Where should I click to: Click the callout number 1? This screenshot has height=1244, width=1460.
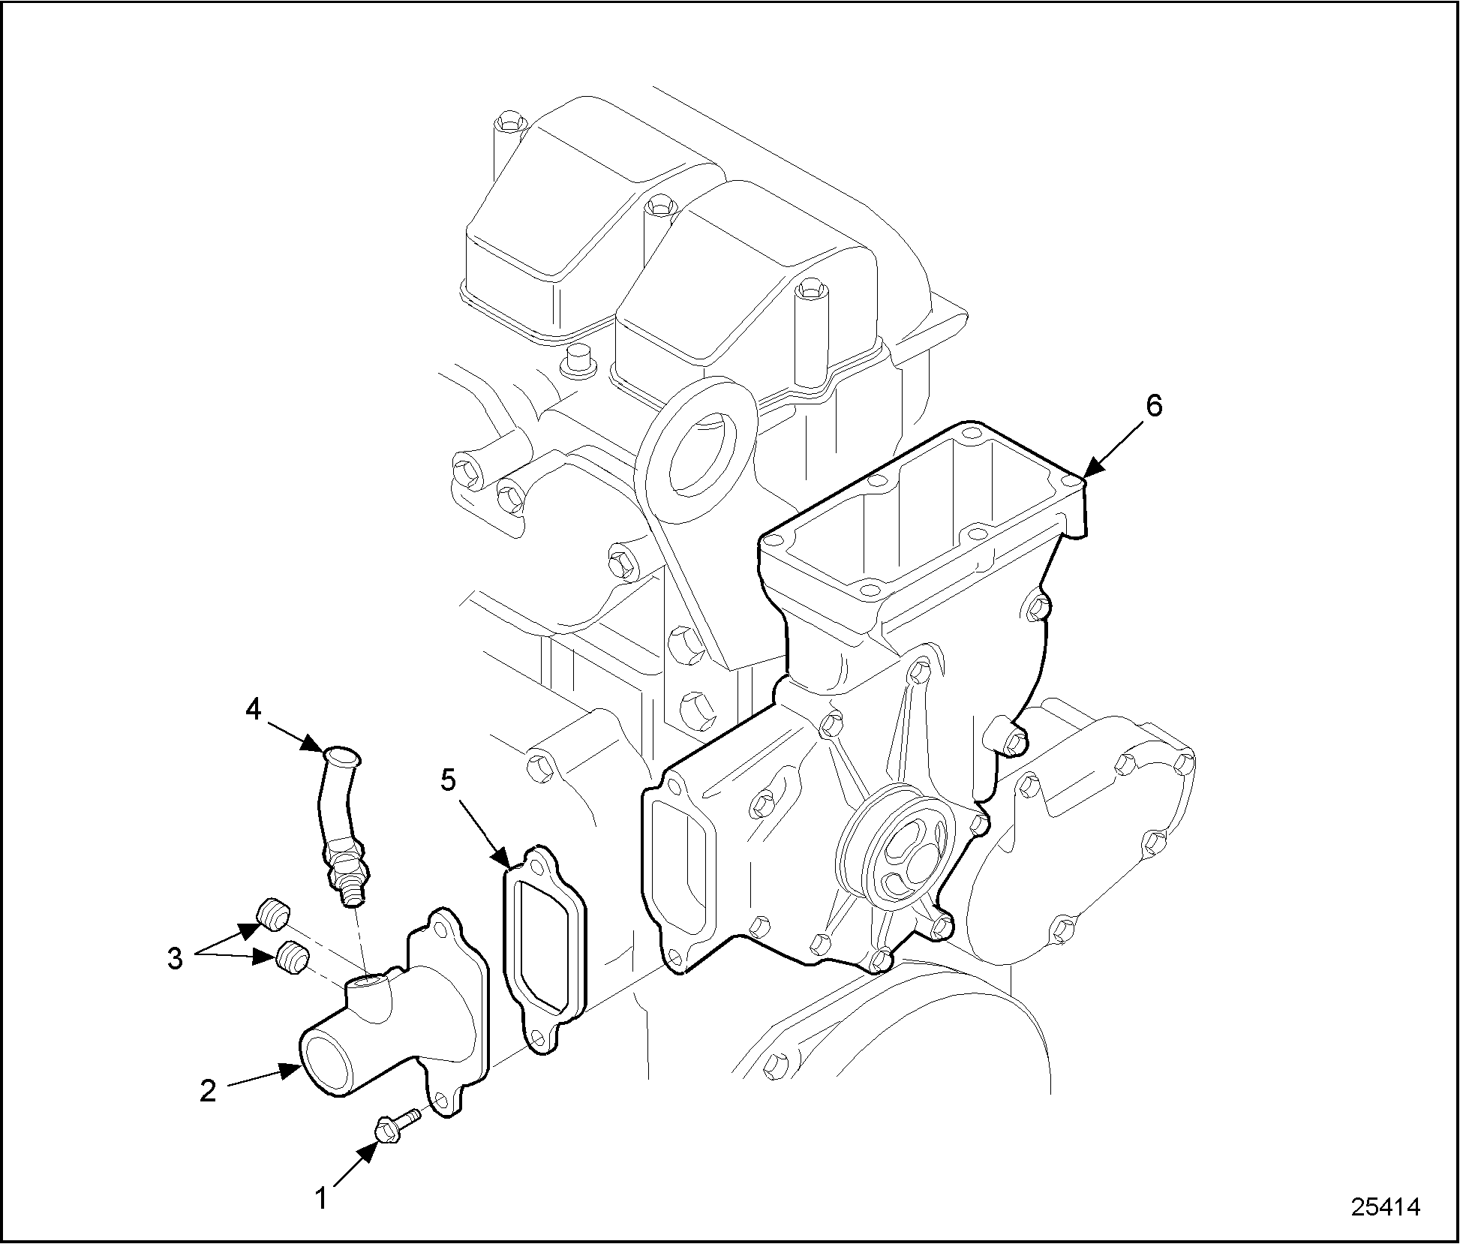(x=321, y=1199)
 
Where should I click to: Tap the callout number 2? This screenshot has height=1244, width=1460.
(x=208, y=1090)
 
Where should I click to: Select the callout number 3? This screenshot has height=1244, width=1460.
(x=174, y=958)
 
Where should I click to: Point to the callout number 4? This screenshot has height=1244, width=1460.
(x=254, y=708)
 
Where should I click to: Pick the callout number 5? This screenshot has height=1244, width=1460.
(x=447, y=780)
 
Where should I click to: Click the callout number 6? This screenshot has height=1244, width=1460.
(x=1154, y=405)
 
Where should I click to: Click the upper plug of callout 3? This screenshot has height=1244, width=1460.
(x=273, y=915)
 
